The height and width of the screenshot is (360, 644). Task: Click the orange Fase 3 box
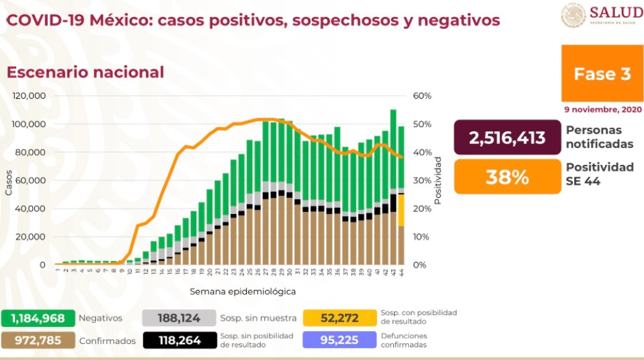(602, 73)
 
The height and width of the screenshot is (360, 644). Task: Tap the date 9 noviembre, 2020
(602, 109)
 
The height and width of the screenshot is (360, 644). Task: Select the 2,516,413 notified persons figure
(507, 138)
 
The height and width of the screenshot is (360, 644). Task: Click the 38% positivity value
(507, 177)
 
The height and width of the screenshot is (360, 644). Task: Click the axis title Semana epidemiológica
(242, 292)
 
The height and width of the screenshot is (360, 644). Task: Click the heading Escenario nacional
(85, 72)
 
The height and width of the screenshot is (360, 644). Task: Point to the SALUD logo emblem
(573, 15)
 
